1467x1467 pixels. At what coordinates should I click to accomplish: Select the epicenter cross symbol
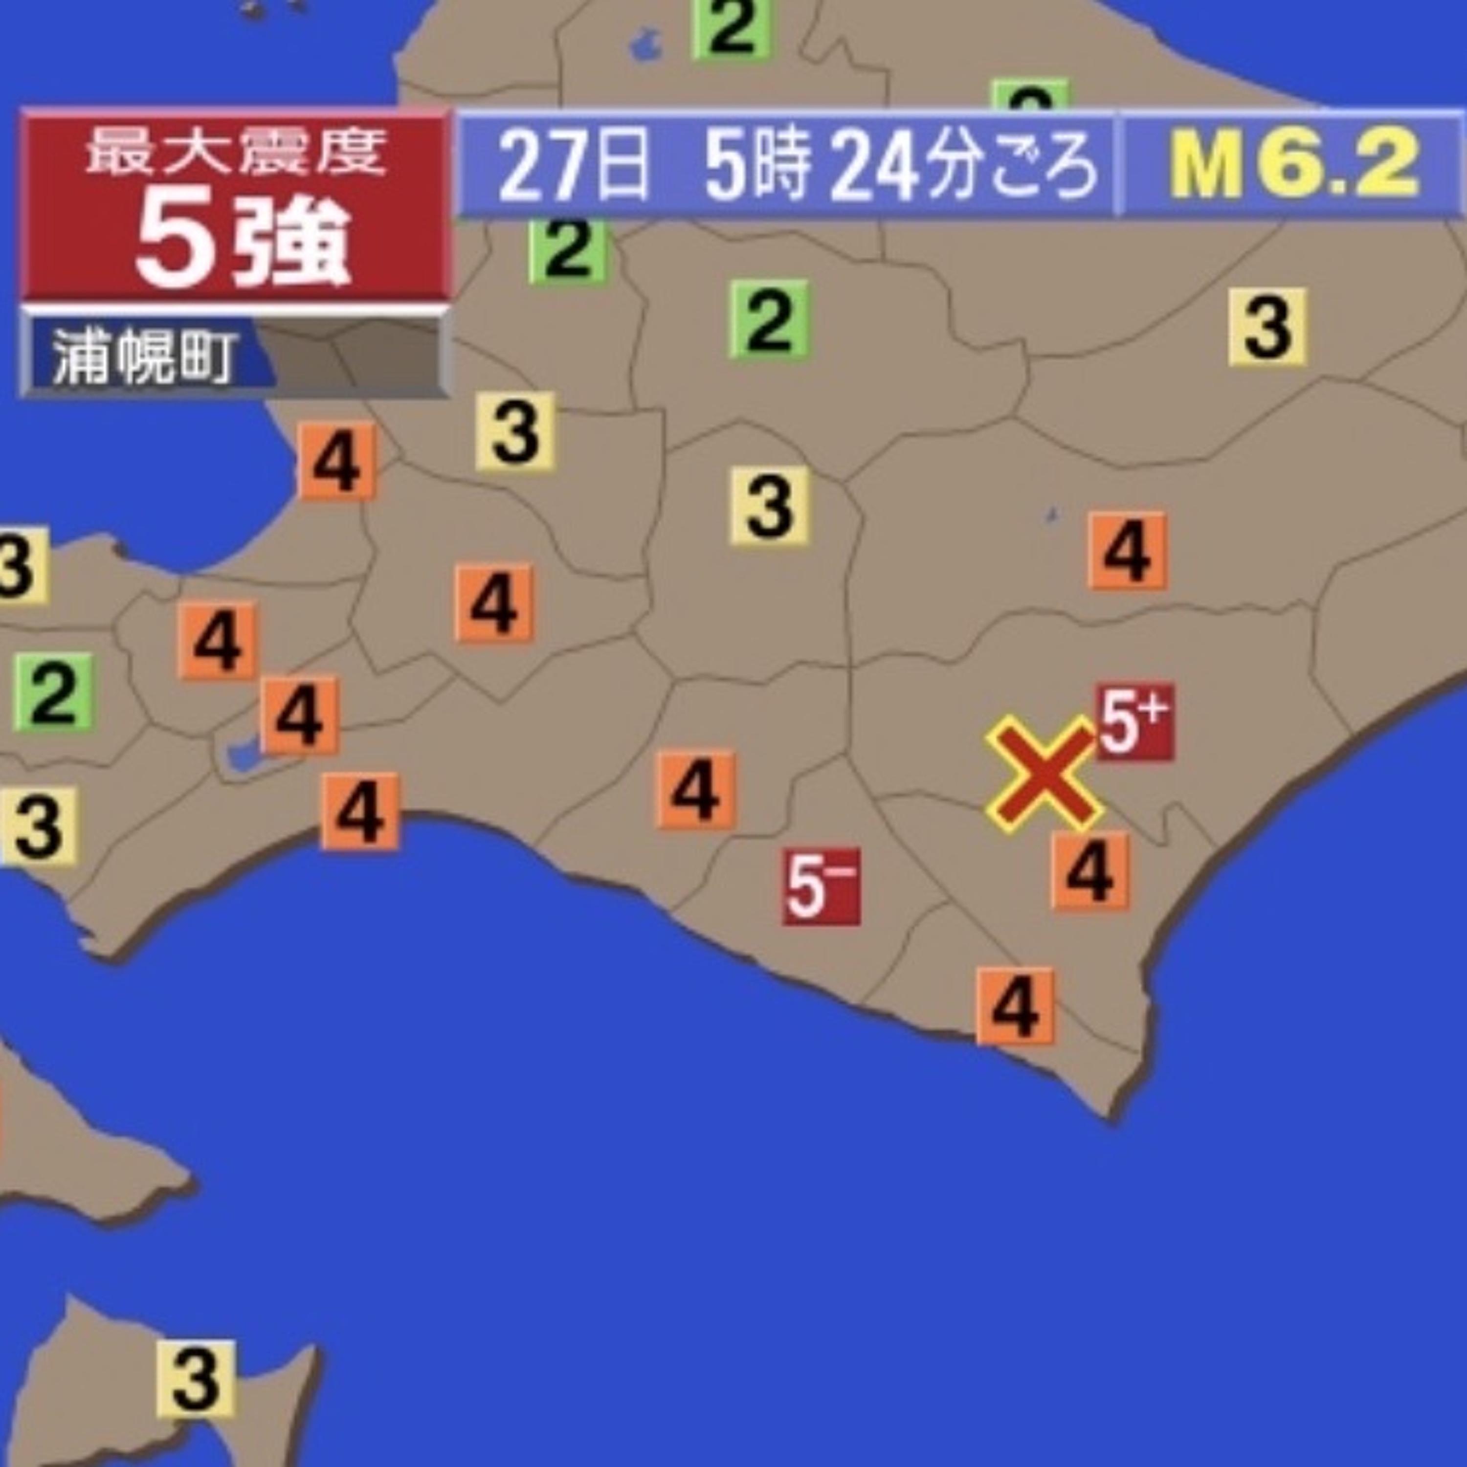[x=1044, y=772]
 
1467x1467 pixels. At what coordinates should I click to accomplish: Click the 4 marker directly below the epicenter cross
[x=1090, y=871]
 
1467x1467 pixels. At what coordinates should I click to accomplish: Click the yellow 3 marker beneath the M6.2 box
[x=1267, y=327]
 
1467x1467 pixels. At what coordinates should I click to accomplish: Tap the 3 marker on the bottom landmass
[x=196, y=1378]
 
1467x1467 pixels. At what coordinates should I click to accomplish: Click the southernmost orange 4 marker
[x=1015, y=1006]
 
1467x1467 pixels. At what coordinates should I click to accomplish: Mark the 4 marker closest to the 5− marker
[x=695, y=790]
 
